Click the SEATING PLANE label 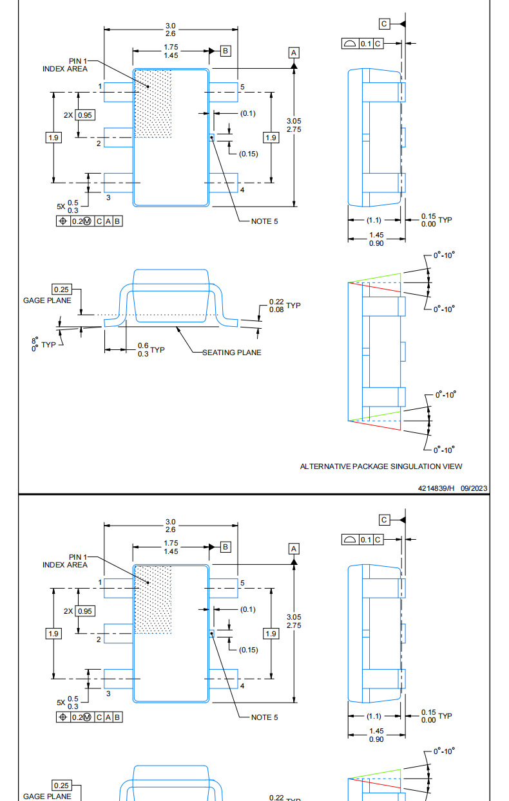(x=232, y=353)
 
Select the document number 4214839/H (x=436, y=488)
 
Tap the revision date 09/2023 (x=474, y=488)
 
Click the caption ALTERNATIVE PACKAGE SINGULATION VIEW (x=381, y=466)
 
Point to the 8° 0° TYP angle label (x=43, y=344)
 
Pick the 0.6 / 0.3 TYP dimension (x=151, y=350)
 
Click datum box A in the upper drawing (x=294, y=53)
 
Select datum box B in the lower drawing (x=226, y=547)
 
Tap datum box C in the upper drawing (x=384, y=24)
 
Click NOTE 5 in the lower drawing (x=264, y=717)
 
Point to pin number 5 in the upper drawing (x=242, y=87)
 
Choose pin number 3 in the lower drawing (x=108, y=694)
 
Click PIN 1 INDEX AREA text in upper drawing (x=65, y=65)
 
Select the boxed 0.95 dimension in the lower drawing (x=85, y=611)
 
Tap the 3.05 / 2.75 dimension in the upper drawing (x=294, y=125)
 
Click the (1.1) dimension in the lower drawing (x=374, y=716)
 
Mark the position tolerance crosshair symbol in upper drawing (x=62, y=221)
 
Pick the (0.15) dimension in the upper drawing (x=248, y=154)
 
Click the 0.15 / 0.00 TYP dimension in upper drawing (x=436, y=220)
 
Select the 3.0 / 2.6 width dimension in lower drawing (x=171, y=526)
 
